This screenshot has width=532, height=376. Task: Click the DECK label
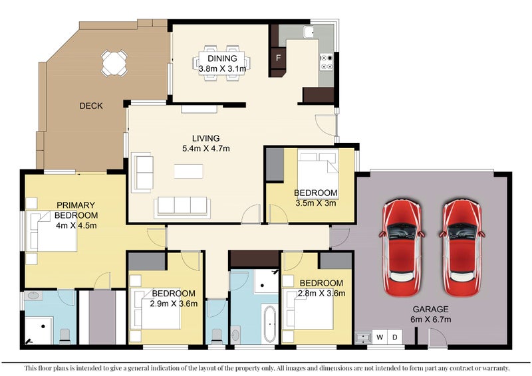91,106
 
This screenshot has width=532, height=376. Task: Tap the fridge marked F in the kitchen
278,58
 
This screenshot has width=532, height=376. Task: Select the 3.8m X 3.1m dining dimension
222,69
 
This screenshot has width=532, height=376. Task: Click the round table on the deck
114,63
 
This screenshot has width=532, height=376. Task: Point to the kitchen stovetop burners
327,62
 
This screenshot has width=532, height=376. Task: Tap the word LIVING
205,138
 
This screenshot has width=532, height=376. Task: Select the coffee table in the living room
189,171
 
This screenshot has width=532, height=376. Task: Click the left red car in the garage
402,248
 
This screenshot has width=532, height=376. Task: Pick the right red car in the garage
462,248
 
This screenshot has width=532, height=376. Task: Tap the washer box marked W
380,337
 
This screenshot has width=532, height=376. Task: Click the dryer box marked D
395,337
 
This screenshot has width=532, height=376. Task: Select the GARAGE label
430,309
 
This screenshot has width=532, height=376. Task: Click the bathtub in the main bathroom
270,324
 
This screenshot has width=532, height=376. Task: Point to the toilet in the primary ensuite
65,335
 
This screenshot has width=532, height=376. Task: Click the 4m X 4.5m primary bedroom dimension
76,225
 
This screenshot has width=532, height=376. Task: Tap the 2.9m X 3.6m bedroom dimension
174,304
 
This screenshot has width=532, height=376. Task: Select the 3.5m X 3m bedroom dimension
315,203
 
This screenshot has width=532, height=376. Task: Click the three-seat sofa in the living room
182,207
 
